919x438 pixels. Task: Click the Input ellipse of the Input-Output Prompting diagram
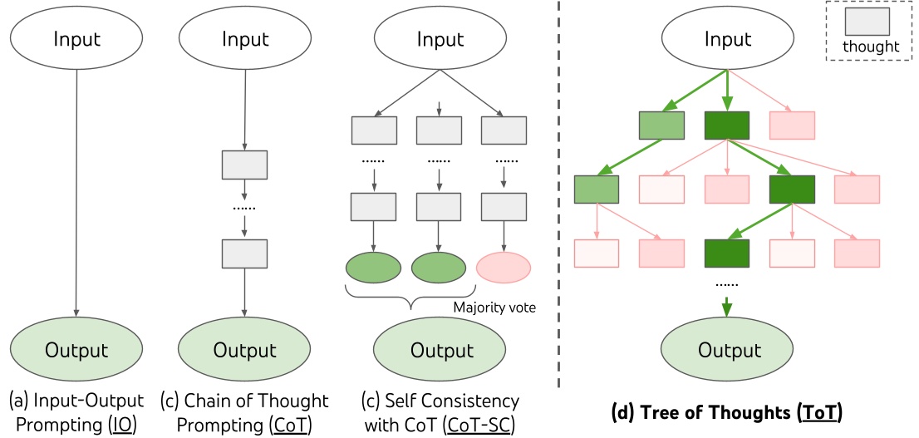tap(76, 39)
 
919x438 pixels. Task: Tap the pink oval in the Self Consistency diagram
tap(503, 268)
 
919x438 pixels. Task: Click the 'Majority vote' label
tap(494, 308)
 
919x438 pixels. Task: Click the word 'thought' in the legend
tap(870, 47)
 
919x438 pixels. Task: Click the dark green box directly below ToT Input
tap(727, 125)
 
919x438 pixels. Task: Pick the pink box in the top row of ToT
tap(792, 125)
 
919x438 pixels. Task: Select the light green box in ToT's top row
tap(661, 125)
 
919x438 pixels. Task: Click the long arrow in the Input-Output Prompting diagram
tap(76, 191)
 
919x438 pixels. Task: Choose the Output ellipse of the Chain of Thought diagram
tap(243, 350)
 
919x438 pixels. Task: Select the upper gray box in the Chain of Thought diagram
tap(244, 165)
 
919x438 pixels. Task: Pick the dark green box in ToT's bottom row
tap(727, 252)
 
